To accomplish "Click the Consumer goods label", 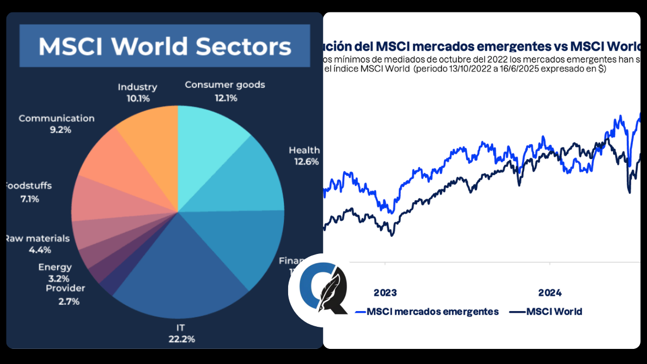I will (x=225, y=85).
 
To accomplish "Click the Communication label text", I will (x=56, y=118).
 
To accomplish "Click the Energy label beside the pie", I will (x=55, y=267).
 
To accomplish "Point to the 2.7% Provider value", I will (x=69, y=301).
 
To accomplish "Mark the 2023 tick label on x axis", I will (x=385, y=293).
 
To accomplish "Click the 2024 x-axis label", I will (x=550, y=293).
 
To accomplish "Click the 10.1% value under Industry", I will (x=137, y=99).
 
